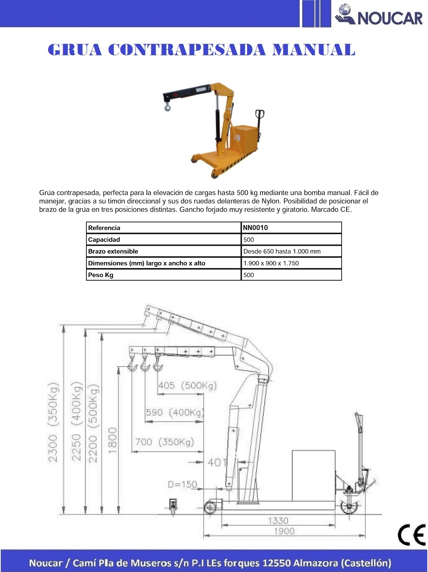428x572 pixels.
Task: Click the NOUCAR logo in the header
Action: [x=379, y=16]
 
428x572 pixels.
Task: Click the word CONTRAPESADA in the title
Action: [x=186, y=50]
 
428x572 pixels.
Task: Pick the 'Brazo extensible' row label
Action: [x=113, y=251]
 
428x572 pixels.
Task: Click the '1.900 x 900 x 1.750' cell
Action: [x=271, y=263]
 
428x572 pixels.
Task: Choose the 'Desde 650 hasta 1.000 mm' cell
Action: [x=282, y=251]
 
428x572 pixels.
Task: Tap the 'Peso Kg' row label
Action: [x=101, y=275]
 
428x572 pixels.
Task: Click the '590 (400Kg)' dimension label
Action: [x=174, y=413]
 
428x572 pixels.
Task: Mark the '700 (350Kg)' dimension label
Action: [x=165, y=442]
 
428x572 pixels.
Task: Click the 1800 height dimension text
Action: [x=113, y=440]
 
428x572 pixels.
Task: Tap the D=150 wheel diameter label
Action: [x=182, y=484]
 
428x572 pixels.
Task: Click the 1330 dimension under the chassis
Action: [x=278, y=521]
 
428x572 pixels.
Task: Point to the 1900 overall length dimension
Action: [x=284, y=531]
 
